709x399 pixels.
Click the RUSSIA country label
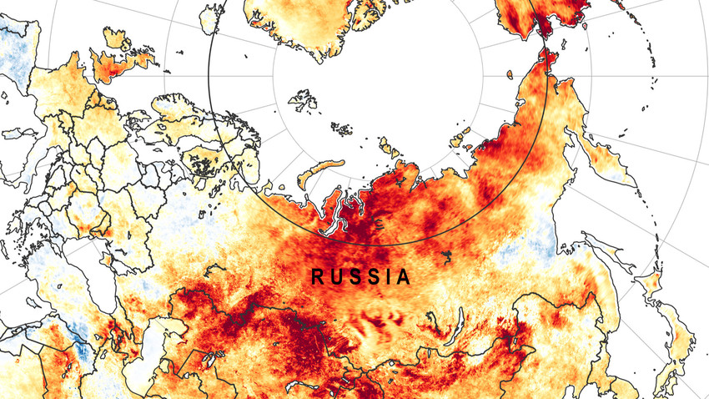pos(361,276)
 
